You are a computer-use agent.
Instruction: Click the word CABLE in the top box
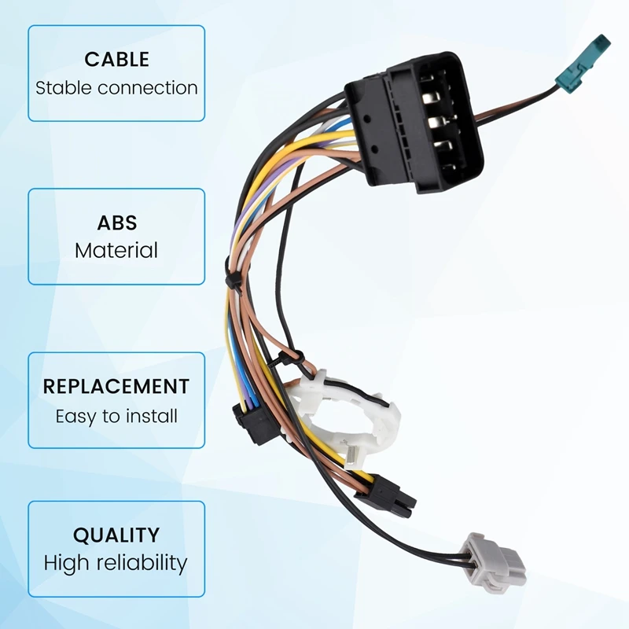[116, 60]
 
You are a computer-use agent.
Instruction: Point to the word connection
[149, 87]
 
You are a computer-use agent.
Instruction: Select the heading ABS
[116, 223]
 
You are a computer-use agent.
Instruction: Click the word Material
[116, 251]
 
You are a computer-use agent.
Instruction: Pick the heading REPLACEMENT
[116, 387]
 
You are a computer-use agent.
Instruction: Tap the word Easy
[77, 416]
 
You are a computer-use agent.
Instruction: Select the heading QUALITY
[116, 535]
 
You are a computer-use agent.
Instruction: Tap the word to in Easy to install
[116, 416]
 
